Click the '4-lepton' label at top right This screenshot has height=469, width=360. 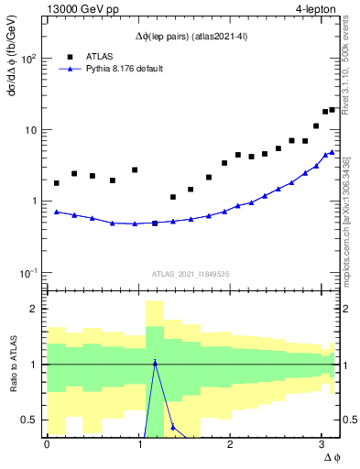(312, 9)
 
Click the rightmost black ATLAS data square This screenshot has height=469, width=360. (333, 110)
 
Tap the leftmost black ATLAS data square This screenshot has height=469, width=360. (57, 183)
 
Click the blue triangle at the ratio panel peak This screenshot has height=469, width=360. (155, 363)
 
